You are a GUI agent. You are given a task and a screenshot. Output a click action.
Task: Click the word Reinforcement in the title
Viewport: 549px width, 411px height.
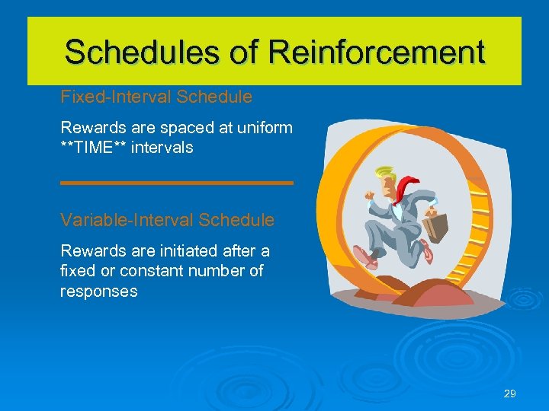377,52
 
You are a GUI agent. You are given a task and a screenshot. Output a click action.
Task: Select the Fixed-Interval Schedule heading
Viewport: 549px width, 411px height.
156,97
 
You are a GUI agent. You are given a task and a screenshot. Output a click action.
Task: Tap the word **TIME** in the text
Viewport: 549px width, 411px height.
93,148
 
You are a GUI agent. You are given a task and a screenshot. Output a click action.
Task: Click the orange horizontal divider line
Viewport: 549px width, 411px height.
176,183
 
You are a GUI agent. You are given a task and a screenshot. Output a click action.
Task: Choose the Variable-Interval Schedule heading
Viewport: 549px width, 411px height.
167,221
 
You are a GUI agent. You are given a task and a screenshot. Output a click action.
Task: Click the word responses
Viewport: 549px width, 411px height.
98,292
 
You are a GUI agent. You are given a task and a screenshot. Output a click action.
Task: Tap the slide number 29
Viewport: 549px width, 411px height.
510,393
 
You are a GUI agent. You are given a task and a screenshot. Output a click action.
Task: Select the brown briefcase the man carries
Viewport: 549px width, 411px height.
437,224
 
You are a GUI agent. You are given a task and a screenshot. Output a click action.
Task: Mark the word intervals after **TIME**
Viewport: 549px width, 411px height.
162,148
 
